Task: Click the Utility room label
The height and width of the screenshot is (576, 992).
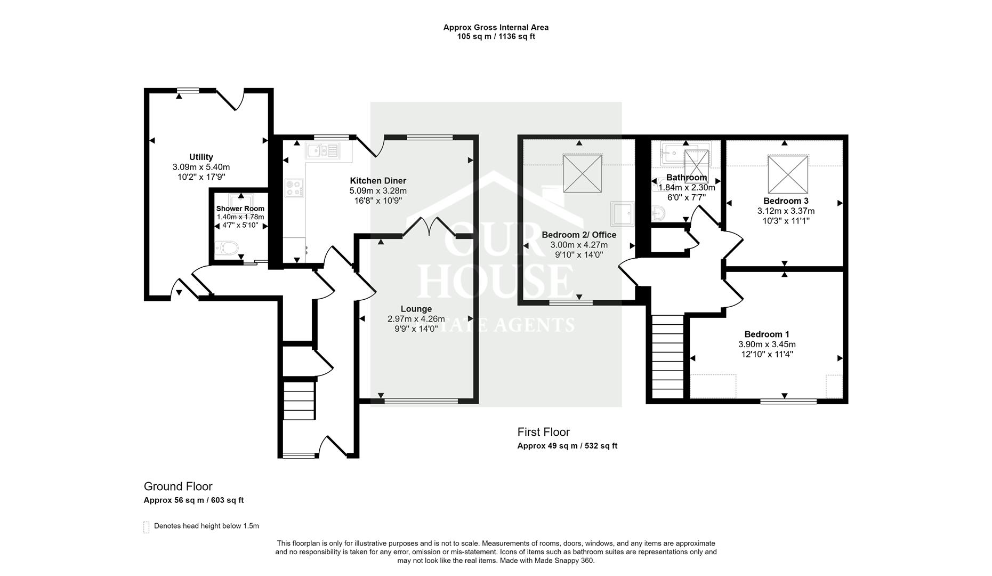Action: tap(201, 157)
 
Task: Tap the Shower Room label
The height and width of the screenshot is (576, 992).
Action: tap(240, 209)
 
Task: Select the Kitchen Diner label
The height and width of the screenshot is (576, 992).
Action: tap(378, 181)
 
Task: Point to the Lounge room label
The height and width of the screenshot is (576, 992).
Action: tap(416, 309)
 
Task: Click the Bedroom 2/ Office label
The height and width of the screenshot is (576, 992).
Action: tap(579, 235)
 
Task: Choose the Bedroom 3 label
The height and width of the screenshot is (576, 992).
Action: tap(786, 201)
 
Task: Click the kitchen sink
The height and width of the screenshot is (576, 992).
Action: tap(322, 151)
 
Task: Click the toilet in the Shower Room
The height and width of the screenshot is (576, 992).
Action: tap(228, 248)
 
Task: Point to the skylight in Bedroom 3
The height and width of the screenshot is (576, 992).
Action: tap(788, 174)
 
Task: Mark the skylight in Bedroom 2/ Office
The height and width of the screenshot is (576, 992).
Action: tap(583, 173)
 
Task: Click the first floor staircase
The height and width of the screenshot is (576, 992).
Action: tap(667, 356)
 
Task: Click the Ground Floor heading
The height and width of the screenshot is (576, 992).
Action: tap(178, 486)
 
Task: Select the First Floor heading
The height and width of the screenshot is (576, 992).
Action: tap(544, 432)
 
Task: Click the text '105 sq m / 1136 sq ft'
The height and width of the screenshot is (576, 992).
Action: tap(496, 37)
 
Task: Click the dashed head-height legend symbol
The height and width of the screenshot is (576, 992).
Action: tap(147, 527)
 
